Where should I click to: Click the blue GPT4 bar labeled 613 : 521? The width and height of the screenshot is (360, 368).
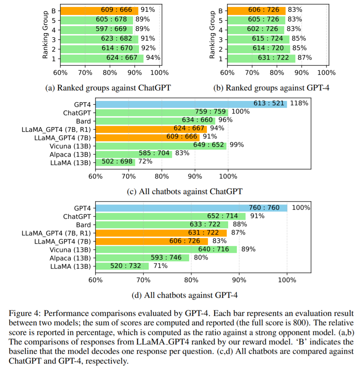(x=191, y=104)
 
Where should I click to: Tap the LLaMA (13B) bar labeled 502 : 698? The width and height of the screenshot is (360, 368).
(x=115, y=162)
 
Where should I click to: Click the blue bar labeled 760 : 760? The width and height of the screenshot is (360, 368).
(x=192, y=208)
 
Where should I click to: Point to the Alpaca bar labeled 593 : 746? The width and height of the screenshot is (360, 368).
(x=142, y=258)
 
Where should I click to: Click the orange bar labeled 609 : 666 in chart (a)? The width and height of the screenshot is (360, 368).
(x=99, y=10)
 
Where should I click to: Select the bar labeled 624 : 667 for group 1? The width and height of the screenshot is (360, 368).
(x=102, y=58)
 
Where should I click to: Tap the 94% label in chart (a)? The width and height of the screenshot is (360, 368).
(x=153, y=58)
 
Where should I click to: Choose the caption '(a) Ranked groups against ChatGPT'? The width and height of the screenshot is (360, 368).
(x=108, y=88)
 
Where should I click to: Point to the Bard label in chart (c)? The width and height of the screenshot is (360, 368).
(x=83, y=121)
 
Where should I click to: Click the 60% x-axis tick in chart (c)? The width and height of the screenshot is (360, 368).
(x=95, y=176)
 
